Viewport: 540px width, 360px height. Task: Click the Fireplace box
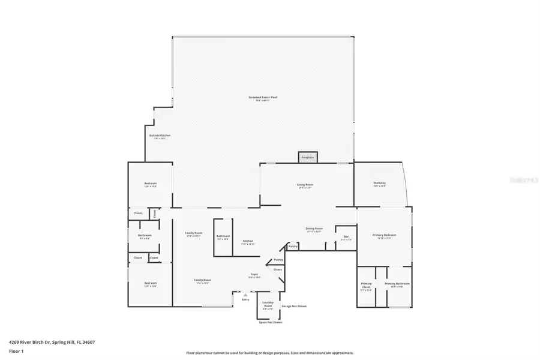(308, 157)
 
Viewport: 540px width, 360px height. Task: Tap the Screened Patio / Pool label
(262, 98)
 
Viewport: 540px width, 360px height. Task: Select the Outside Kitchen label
(160, 136)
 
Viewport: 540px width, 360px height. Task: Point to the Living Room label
(305, 185)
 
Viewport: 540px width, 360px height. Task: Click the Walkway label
(379, 183)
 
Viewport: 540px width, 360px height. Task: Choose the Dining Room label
(315, 229)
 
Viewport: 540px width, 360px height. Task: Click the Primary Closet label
(367, 284)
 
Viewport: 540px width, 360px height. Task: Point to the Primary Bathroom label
(397, 284)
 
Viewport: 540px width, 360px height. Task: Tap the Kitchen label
(248, 241)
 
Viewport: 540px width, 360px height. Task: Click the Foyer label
(254, 275)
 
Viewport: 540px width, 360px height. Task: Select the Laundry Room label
(268, 304)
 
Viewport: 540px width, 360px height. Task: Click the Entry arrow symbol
(245, 295)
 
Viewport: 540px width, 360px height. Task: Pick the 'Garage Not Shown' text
(294, 306)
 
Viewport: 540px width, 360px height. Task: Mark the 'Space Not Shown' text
(270, 322)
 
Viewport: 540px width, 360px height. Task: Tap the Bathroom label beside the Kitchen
(223, 236)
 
